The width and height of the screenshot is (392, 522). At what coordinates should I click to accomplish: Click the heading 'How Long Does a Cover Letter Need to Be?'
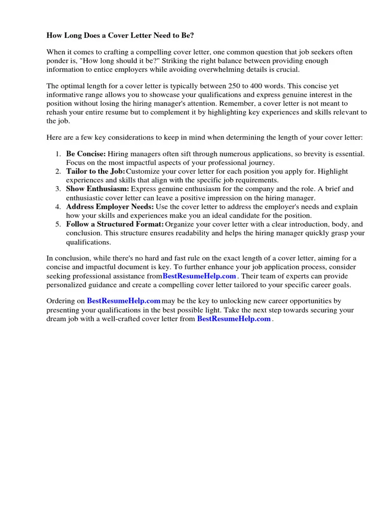pyautogui.click(x=120, y=36)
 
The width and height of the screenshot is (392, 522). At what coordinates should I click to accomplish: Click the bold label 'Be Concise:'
pyautogui.click(x=86, y=153)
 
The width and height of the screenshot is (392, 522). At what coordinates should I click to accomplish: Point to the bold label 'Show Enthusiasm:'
pyautogui.click(x=97, y=189)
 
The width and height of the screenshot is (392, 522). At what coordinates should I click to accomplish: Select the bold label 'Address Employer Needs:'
pyautogui.click(x=110, y=207)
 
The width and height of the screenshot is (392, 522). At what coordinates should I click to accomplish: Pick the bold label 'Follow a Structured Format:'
pyautogui.click(x=115, y=224)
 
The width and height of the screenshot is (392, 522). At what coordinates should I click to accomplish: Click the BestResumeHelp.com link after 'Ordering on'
pyautogui.click(x=124, y=301)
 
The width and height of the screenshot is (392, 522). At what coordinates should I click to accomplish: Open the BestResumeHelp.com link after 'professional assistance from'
pyautogui.click(x=199, y=276)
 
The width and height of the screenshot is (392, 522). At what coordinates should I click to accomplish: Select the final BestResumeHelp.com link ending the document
pyautogui.click(x=234, y=319)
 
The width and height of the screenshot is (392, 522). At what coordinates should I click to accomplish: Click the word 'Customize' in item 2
pyautogui.click(x=142, y=171)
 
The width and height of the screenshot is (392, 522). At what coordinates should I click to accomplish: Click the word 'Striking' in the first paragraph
pyautogui.click(x=179, y=61)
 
